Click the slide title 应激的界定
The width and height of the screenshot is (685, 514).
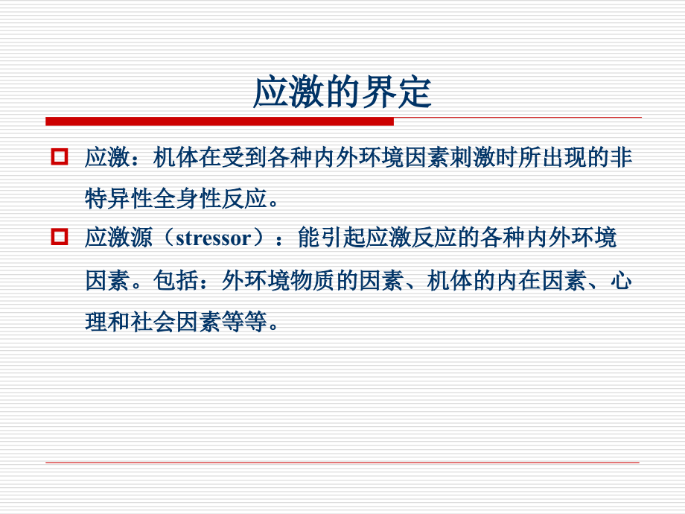(342, 91)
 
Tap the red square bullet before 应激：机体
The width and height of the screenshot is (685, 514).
(59, 157)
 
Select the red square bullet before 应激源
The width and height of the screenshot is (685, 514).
(59, 238)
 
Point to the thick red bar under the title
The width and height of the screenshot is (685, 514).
(220, 121)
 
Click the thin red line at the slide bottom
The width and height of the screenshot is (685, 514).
(342, 463)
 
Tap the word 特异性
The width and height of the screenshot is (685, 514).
(120, 198)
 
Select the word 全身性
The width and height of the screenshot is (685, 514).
(188, 198)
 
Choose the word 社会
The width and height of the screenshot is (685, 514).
(154, 323)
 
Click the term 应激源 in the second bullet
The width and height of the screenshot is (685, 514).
(120, 239)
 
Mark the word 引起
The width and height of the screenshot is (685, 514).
(342, 239)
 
